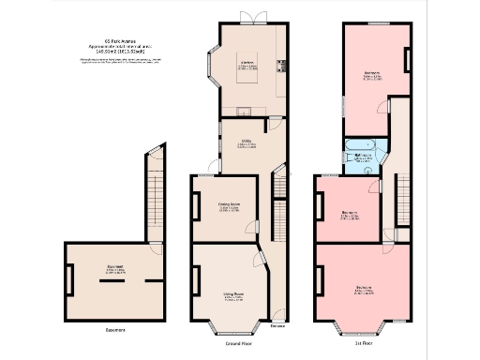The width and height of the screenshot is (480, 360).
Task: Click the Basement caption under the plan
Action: coord(115,330)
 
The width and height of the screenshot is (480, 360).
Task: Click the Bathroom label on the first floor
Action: coord(359,157)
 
